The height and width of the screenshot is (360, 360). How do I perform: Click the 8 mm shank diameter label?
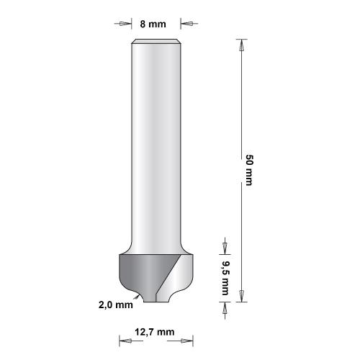click(x=151, y=23)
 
